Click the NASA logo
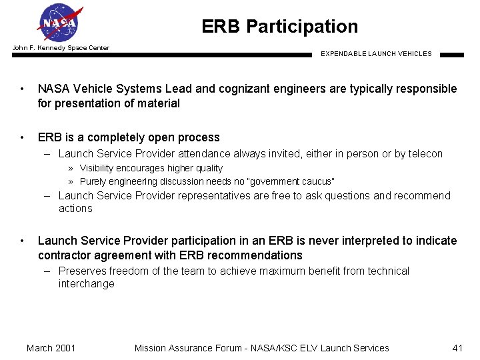coord(61,23)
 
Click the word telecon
coord(423,154)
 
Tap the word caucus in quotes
coord(314,182)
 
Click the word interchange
coord(86,284)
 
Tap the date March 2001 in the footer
coord(51,348)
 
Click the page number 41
coord(457,348)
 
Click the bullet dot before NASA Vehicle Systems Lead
coord(23,89)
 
